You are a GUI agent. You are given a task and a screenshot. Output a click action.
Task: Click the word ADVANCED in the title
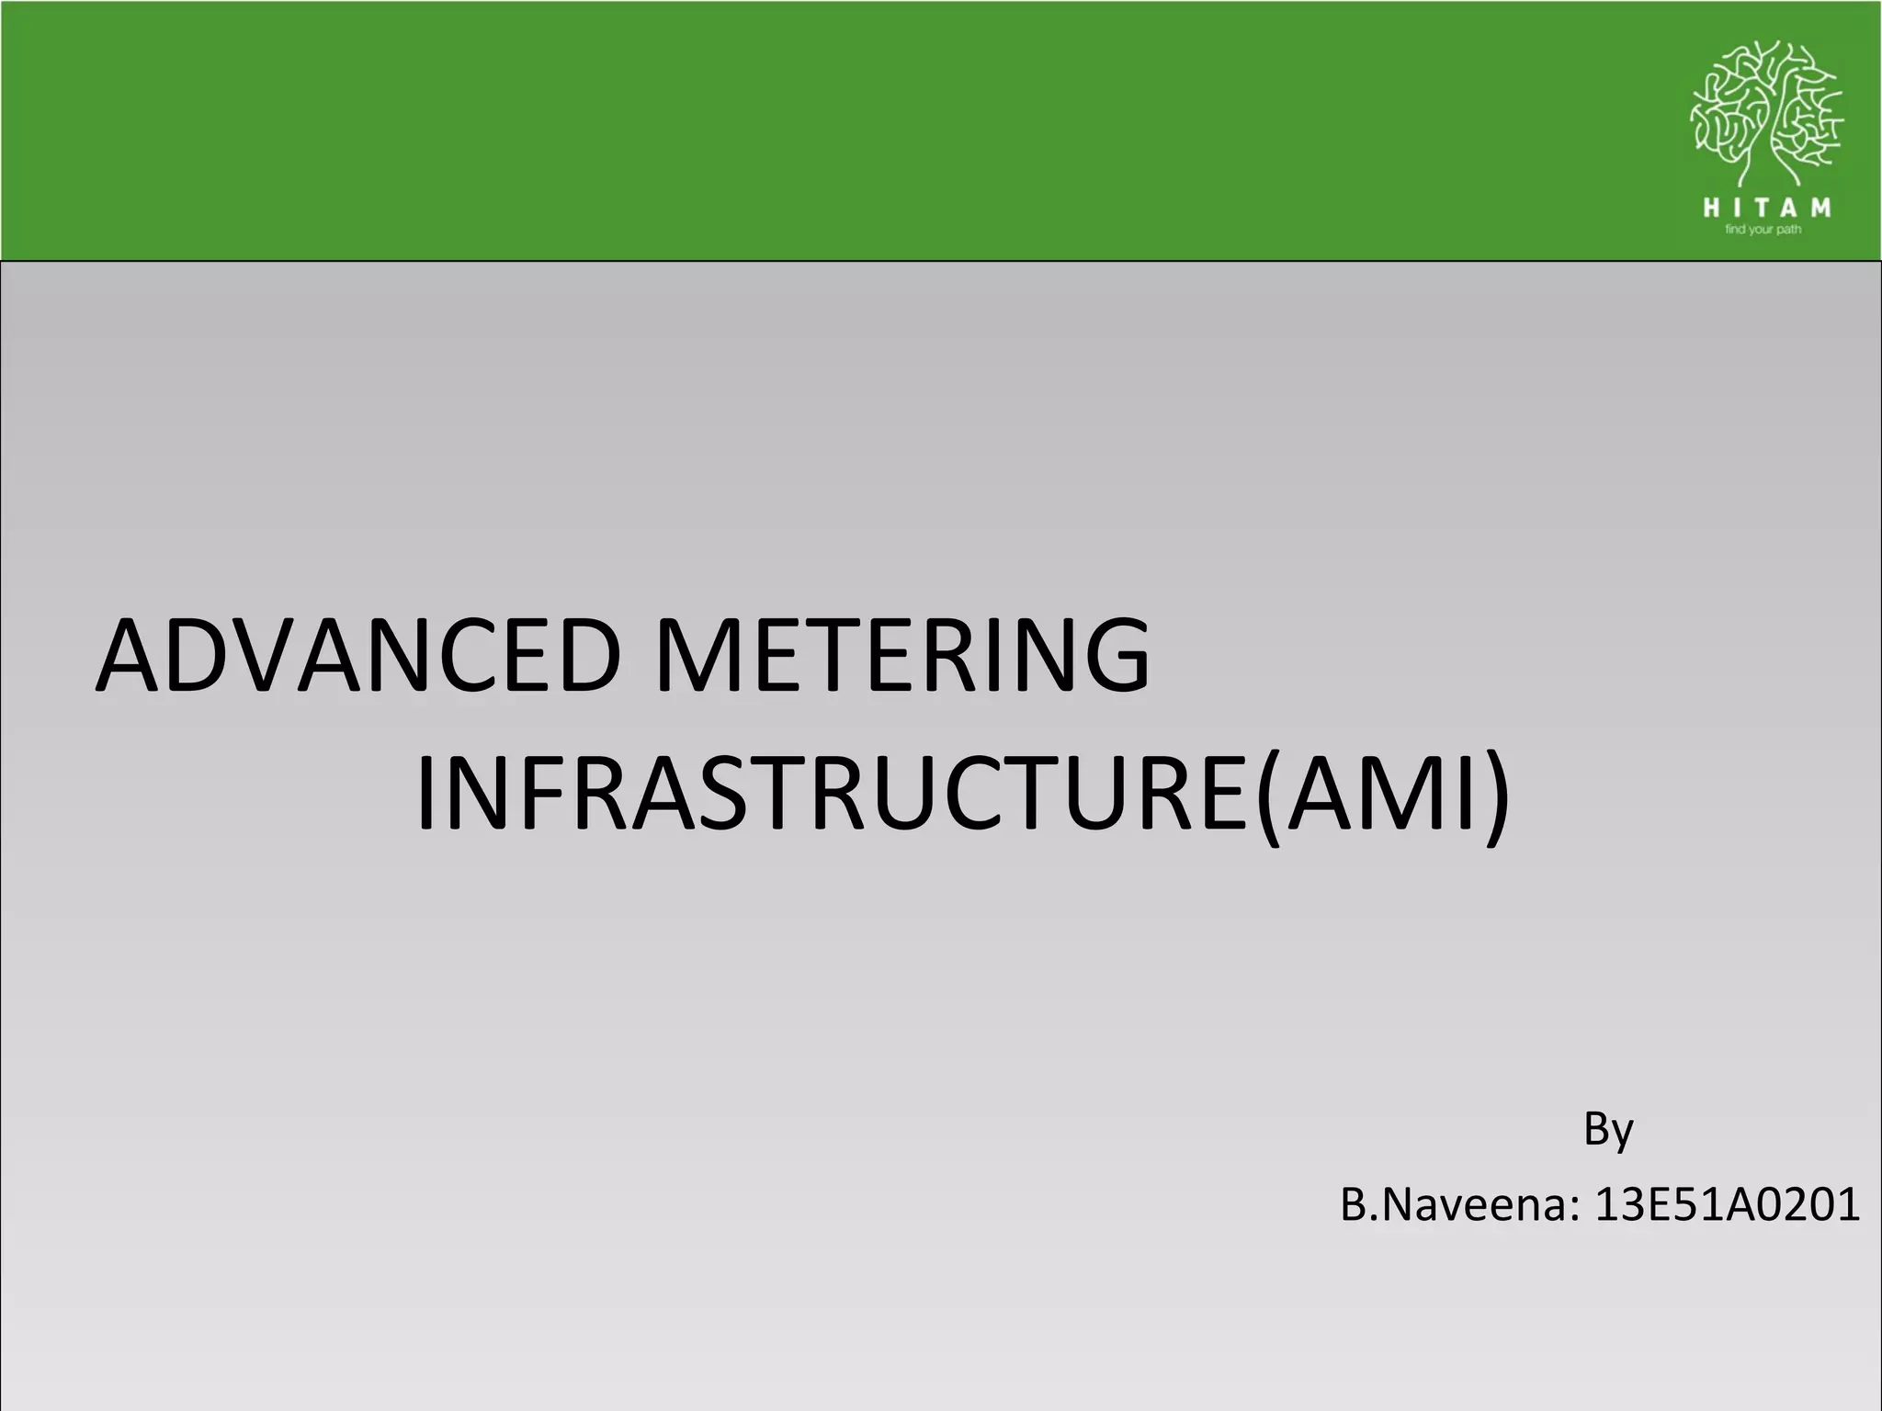[359, 656]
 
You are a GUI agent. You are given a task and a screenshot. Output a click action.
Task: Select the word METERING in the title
[902, 656]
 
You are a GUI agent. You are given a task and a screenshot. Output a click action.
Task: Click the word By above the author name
[1608, 1129]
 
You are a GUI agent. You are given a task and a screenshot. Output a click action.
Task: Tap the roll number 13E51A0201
[1727, 1205]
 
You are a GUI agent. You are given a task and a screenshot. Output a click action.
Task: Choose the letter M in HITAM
[1820, 209]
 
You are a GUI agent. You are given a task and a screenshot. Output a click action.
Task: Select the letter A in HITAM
[1792, 209]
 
